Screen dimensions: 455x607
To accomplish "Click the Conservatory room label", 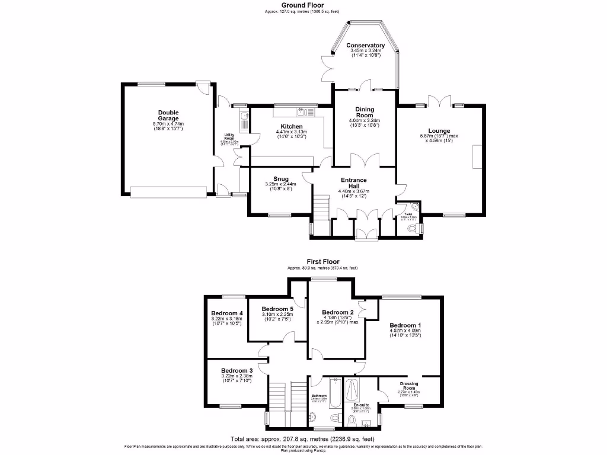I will pyautogui.click(x=365, y=46).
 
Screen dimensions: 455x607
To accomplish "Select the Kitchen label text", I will pyautogui.click(x=292, y=127).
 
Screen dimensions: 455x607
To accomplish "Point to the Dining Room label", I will pyautogui.click(x=365, y=112).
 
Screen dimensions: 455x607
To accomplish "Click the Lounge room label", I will pyautogui.click(x=439, y=131).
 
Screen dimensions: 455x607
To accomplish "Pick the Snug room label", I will pyautogui.click(x=281, y=179).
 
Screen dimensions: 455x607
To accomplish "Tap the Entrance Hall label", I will pyautogui.click(x=353, y=183).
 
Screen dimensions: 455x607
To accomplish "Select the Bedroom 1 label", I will pyautogui.click(x=405, y=325).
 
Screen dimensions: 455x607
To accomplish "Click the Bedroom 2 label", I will pyautogui.click(x=337, y=312).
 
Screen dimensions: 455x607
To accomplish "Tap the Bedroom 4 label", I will pyautogui.click(x=227, y=313).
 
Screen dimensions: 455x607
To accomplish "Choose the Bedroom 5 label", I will pyautogui.click(x=277, y=309).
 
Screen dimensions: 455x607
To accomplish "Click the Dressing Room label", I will pyautogui.click(x=409, y=386).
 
